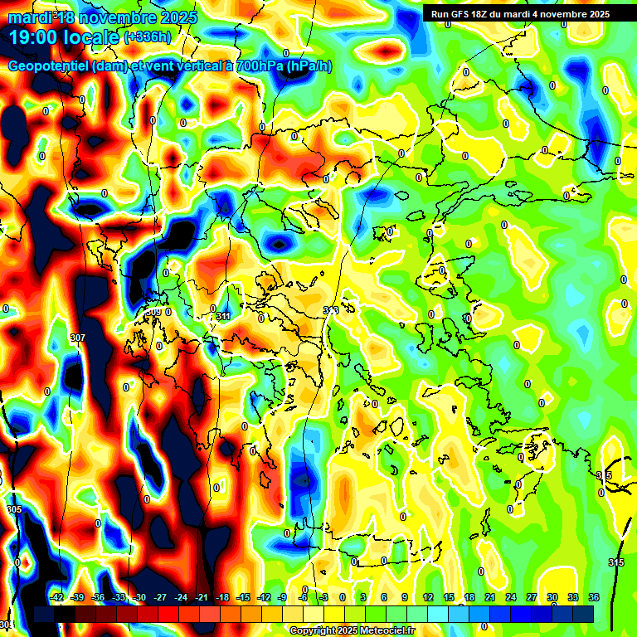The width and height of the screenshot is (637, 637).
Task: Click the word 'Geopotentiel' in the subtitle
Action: pyautogui.click(x=47, y=66)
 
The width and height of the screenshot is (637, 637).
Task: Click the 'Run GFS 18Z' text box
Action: pyautogui.click(x=519, y=14)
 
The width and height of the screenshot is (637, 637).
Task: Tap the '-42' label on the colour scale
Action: pyautogui.click(x=57, y=597)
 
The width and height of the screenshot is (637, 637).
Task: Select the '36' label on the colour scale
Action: pyautogui.click(x=593, y=597)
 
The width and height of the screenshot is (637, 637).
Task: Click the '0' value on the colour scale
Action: pyautogui.click(x=343, y=597)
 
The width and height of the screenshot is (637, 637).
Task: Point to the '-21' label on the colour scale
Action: pyautogui.click(x=202, y=597)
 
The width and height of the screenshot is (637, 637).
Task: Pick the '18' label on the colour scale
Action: pyautogui.click(x=469, y=597)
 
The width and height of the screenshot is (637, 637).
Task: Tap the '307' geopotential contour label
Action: pyautogui.click(x=78, y=338)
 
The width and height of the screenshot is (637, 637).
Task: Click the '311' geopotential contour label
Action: pyautogui.click(x=223, y=316)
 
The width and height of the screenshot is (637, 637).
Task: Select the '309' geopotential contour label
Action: pyautogui.click(x=154, y=312)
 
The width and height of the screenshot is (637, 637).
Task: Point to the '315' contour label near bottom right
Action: pyautogui.click(x=615, y=562)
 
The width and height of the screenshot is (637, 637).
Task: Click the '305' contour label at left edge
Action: pyautogui.click(x=13, y=509)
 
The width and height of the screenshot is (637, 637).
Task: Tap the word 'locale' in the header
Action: pyautogui.click(x=89, y=37)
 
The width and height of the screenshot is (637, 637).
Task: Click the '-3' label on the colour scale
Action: pyautogui.click(x=323, y=597)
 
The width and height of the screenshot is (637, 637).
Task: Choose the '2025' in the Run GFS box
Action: pyautogui.click(x=594, y=14)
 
